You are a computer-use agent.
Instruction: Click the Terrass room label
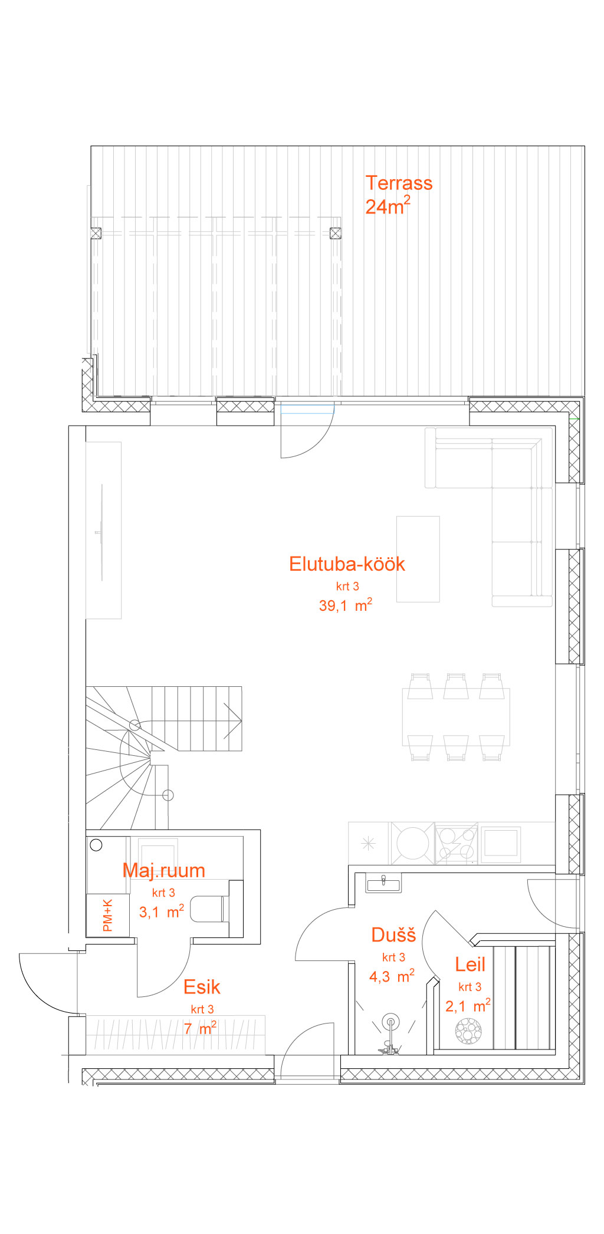(x=399, y=183)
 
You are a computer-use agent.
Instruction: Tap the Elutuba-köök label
(x=347, y=564)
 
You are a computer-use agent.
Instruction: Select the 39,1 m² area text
(x=346, y=605)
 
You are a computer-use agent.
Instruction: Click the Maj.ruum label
(x=163, y=871)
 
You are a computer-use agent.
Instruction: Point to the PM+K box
(x=108, y=915)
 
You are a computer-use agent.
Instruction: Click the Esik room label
(x=202, y=987)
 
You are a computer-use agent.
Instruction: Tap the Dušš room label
(x=393, y=935)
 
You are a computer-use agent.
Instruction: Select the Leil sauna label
(x=470, y=965)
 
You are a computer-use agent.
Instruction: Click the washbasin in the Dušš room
(x=383, y=883)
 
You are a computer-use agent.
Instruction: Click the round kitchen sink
(x=413, y=843)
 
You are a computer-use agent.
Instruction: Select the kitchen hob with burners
(x=457, y=843)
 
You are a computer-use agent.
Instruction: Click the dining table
(x=456, y=717)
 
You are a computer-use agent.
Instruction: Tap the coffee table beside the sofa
(x=418, y=559)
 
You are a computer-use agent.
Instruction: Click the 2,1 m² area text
(x=468, y=1005)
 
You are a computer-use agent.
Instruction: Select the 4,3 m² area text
(x=392, y=976)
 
